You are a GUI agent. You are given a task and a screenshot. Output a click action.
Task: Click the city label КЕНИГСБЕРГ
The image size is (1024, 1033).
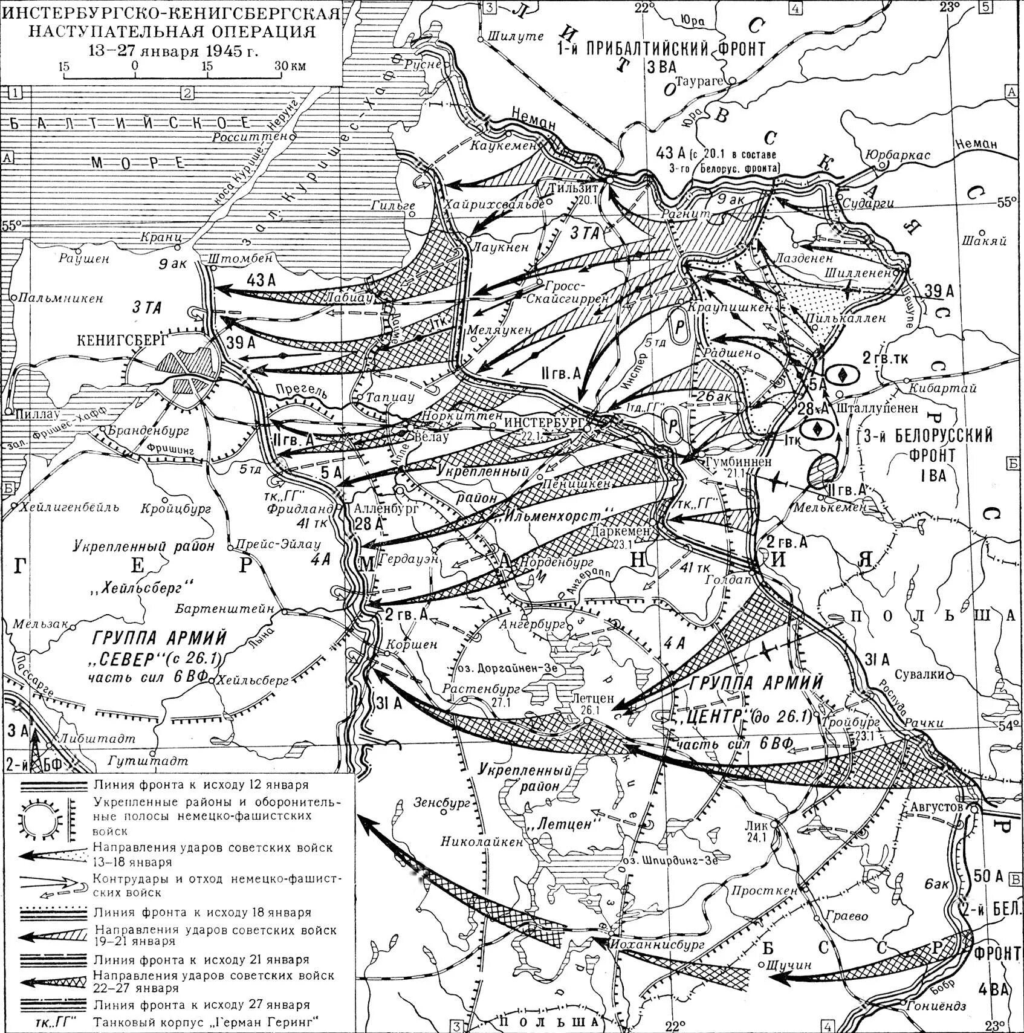click(122, 340)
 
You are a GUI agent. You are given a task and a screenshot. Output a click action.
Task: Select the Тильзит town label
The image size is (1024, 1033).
click(571, 188)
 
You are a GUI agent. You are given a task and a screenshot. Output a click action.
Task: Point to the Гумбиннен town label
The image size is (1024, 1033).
click(738, 461)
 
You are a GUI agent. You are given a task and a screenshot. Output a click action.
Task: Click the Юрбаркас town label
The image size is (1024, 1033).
click(898, 155)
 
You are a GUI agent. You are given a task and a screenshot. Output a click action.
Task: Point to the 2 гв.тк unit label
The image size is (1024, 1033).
click(885, 359)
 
